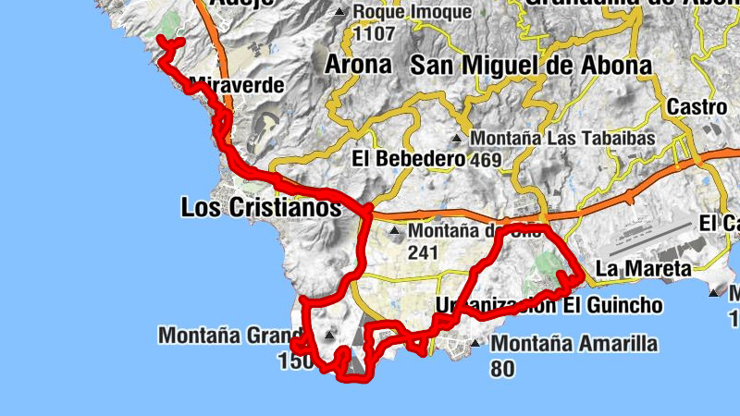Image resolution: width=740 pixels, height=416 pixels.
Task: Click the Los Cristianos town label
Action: [261, 209]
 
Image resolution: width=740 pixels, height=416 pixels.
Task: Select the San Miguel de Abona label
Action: [530, 65]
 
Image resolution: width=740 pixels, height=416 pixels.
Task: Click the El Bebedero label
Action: [408, 159]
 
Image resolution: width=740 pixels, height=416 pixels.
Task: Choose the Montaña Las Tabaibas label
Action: [562, 139]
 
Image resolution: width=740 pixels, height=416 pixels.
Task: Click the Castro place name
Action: [697, 106]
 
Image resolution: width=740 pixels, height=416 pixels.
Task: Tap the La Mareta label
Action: [643, 269]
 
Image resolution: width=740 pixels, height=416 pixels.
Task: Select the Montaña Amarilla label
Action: [573, 345]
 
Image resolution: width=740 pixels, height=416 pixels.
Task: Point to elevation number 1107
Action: [375, 34]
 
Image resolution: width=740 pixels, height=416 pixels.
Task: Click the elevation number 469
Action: [485, 161]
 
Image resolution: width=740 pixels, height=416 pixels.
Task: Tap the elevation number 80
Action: [502, 368]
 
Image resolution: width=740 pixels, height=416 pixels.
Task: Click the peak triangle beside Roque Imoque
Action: [340, 12]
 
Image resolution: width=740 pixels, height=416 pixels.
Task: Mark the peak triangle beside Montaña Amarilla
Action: [475, 345]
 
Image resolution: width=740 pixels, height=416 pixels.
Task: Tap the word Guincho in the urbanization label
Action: [623, 306]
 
